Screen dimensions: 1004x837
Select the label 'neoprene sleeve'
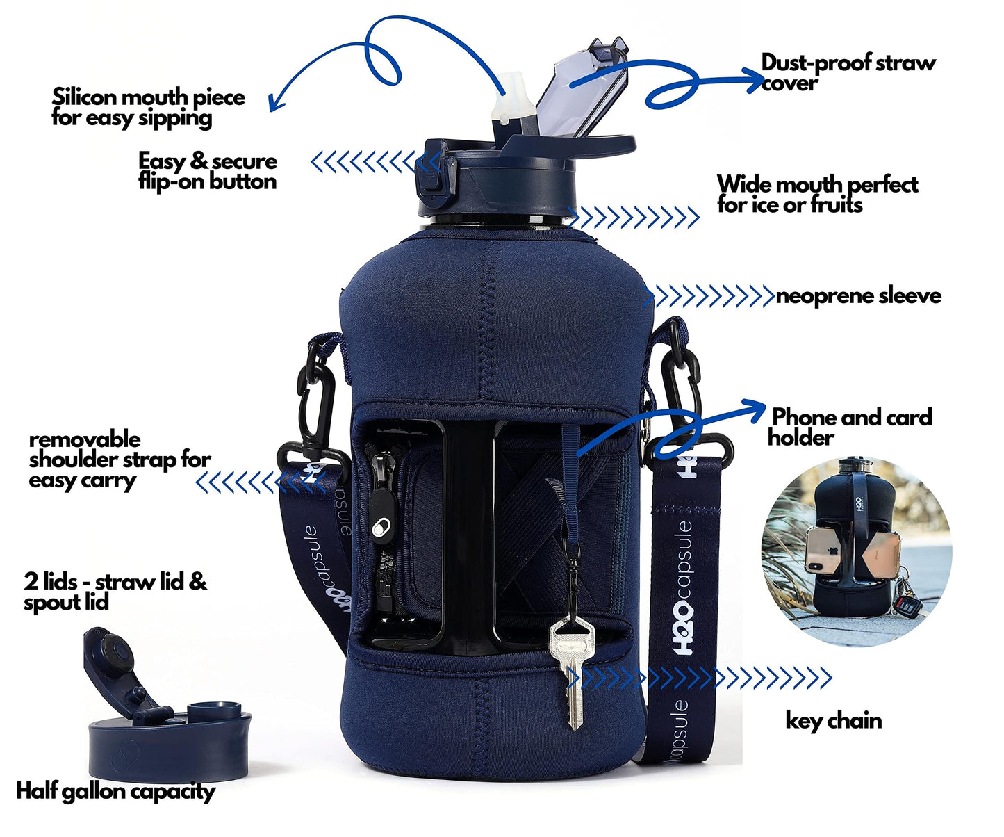click(x=859, y=296)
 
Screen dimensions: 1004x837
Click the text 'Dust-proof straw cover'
click(x=848, y=72)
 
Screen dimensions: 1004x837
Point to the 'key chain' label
click(x=834, y=721)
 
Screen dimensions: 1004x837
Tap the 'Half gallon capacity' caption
click(x=116, y=791)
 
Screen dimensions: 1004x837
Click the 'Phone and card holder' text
click(x=850, y=427)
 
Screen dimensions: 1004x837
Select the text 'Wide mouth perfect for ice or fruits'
click(x=817, y=195)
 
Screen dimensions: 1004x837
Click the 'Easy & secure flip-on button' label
click(x=208, y=172)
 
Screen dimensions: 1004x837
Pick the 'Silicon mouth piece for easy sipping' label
click(x=149, y=108)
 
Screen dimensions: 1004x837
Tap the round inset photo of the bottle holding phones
click(x=857, y=551)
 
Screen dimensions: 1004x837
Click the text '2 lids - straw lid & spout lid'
click(x=115, y=592)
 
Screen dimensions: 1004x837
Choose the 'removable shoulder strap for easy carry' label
click(x=120, y=460)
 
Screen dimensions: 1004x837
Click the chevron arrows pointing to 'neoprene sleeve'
click(x=709, y=296)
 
